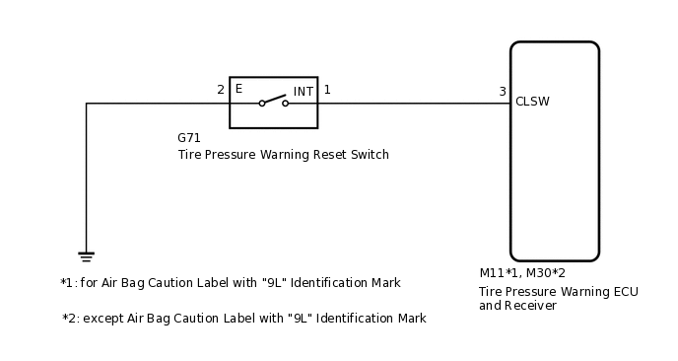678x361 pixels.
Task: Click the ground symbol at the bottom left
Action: [x=86, y=256]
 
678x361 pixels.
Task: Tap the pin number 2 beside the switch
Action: [x=221, y=90]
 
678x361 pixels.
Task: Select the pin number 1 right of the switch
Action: [x=327, y=90]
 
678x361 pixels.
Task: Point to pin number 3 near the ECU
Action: [x=502, y=92]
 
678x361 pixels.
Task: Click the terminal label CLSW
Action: [x=532, y=102]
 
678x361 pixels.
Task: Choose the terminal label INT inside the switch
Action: [x=303, y=92]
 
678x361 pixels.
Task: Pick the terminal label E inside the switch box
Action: [x=238, y=89]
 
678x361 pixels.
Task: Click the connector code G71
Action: [x=189, y=138]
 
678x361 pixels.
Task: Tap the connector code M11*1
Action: [x=500, y=273]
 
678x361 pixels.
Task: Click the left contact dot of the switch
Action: [x=262, y=103]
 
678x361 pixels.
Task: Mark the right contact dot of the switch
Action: [x=286, y=103]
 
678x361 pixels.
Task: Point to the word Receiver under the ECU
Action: [x=531, y=306]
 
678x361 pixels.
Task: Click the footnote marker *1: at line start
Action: [x=68, y=283]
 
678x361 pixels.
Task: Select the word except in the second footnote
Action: [x=102, y=319]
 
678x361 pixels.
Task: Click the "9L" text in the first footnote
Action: [x=273, y=283]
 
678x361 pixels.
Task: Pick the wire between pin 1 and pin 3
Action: [x=414, y=103]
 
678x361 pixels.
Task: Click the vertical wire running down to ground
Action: [x=86, y=178]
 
